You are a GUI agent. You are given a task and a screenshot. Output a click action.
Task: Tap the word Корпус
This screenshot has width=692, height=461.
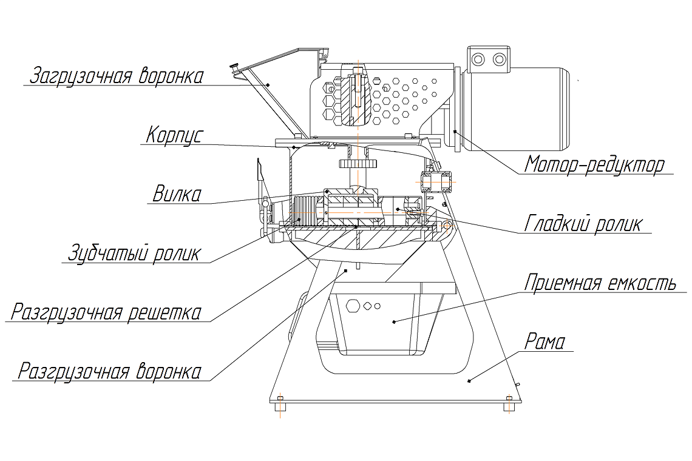(173, 135)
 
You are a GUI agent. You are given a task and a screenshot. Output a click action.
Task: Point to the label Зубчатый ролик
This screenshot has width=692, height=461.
(132, 252)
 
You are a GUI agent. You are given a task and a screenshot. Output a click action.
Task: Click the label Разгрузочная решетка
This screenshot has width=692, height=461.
(106, 312)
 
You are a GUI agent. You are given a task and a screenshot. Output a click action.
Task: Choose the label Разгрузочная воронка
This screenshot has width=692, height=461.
(109, 370)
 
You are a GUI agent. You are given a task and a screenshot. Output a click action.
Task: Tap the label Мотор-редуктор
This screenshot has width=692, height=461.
(595, 164)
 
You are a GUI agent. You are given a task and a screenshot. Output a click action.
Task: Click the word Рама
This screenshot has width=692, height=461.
(544, 342)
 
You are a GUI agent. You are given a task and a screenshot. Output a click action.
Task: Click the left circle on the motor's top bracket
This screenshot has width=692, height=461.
(479, 59)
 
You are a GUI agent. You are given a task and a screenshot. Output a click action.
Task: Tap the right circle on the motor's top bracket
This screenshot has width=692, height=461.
(499, 59)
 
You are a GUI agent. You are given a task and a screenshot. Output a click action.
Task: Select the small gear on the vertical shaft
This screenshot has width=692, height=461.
(359, 164)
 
